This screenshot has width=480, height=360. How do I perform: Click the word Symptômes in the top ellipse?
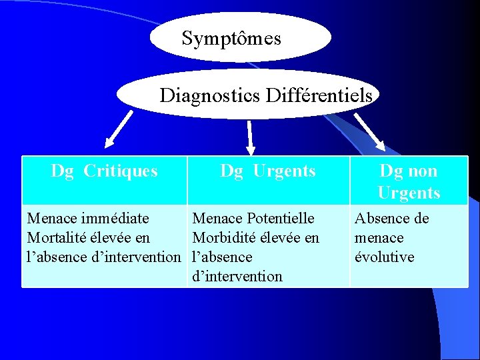click(231, 39)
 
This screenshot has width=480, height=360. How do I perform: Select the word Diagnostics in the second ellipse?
click(209, 96)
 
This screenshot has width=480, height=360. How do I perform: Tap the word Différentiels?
click(319, 96)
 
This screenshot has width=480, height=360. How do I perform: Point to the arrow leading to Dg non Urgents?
click(369, 131)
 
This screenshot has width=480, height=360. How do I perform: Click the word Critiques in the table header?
click(121, 171)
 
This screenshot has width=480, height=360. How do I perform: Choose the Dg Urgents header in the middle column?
click(268, 171)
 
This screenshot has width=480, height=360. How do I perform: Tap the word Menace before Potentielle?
click(217, 218)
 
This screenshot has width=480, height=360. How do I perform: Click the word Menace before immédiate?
click(52, 218)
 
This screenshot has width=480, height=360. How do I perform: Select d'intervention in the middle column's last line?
click(237, 276)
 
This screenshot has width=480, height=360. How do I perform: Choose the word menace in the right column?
click(379, 237)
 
